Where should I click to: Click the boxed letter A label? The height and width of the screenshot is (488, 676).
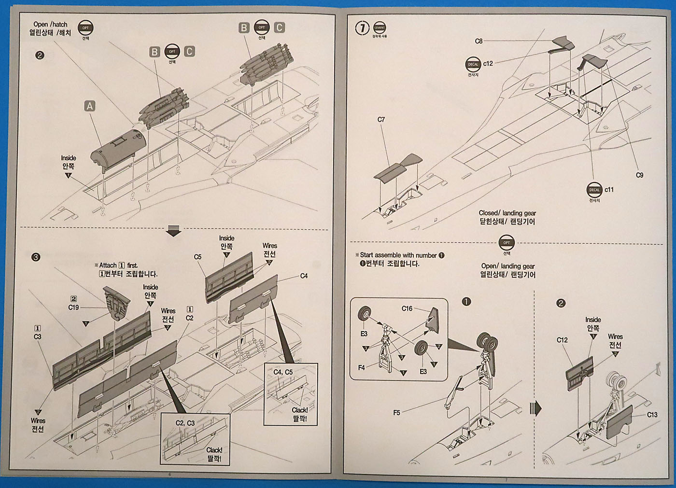tap(89, 106)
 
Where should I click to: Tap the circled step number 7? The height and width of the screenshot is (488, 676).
tap(363, 28)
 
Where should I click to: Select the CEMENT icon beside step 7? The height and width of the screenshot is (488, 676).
tap(380, 28)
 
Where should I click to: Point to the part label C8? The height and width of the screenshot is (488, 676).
tap(479, 41)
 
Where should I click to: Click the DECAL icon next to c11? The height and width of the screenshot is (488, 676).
tap(594, 190)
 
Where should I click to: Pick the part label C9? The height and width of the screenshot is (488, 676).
tap(639, 175)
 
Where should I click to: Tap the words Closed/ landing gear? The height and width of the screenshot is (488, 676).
tap(507, 213)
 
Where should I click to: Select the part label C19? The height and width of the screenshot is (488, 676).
tap(73, 307)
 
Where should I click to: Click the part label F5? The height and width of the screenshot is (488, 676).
tap(396, 413)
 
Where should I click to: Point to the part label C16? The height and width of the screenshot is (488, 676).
tap(407, 308)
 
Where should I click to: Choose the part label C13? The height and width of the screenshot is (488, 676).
tap(652, 415)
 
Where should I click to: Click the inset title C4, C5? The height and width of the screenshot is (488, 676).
tap(283, 372)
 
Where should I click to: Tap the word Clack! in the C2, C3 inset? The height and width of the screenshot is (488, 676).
tap(214, 450)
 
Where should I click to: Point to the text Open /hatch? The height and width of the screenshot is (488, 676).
tap(50, 24)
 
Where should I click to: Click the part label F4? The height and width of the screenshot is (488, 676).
tap(361, 368)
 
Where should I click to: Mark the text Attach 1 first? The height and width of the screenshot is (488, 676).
tap(118, 265)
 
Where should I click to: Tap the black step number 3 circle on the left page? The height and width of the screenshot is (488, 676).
tap(35, 257)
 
